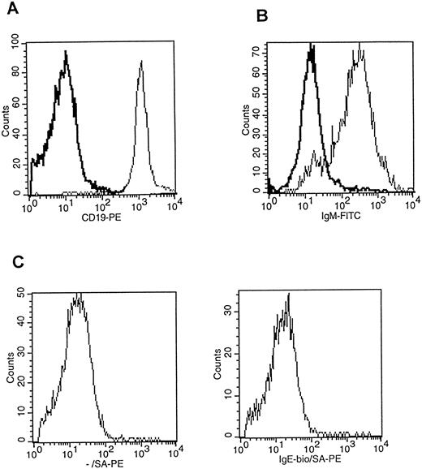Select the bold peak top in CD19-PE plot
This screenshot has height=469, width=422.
(x=66, y=53)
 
